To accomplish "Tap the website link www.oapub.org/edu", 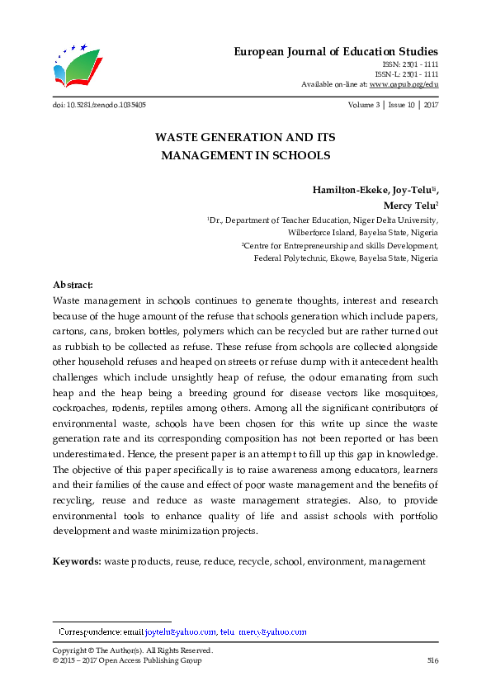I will pos(404,84).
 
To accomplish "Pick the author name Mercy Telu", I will pos(409,206).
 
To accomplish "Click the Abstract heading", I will pos(73,284).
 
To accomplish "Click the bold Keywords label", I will pos(77,561).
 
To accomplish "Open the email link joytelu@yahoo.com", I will pos(181,632).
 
